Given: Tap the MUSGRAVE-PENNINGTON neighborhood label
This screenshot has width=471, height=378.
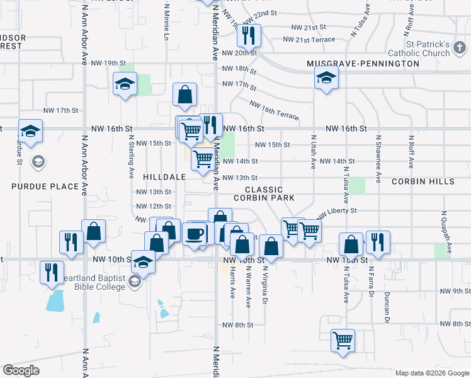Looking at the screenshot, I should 363,64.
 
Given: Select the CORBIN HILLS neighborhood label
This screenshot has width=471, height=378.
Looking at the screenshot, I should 423,181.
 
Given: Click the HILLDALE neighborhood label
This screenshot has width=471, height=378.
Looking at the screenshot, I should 164,177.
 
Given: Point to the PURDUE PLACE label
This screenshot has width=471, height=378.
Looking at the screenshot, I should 45,186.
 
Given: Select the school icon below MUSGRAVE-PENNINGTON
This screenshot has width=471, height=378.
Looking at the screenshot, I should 326,78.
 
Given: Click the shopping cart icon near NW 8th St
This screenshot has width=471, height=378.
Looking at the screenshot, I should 343,341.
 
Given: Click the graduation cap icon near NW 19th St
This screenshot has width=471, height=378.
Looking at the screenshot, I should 125,83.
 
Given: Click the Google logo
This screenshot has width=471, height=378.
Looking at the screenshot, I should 21,370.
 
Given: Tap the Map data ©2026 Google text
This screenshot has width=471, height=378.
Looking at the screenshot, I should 432,373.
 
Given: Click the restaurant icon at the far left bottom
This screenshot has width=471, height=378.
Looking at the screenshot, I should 50,272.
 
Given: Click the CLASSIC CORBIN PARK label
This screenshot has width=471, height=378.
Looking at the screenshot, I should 263,193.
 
